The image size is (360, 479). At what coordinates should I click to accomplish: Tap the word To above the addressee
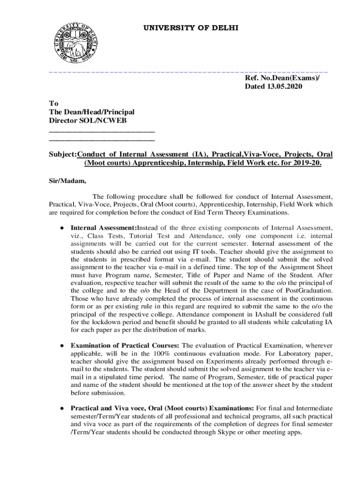coord(54,104)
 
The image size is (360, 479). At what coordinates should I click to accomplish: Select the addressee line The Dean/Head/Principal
coord(92,112)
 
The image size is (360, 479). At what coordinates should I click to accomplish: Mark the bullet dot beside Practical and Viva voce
coord(61,408)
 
